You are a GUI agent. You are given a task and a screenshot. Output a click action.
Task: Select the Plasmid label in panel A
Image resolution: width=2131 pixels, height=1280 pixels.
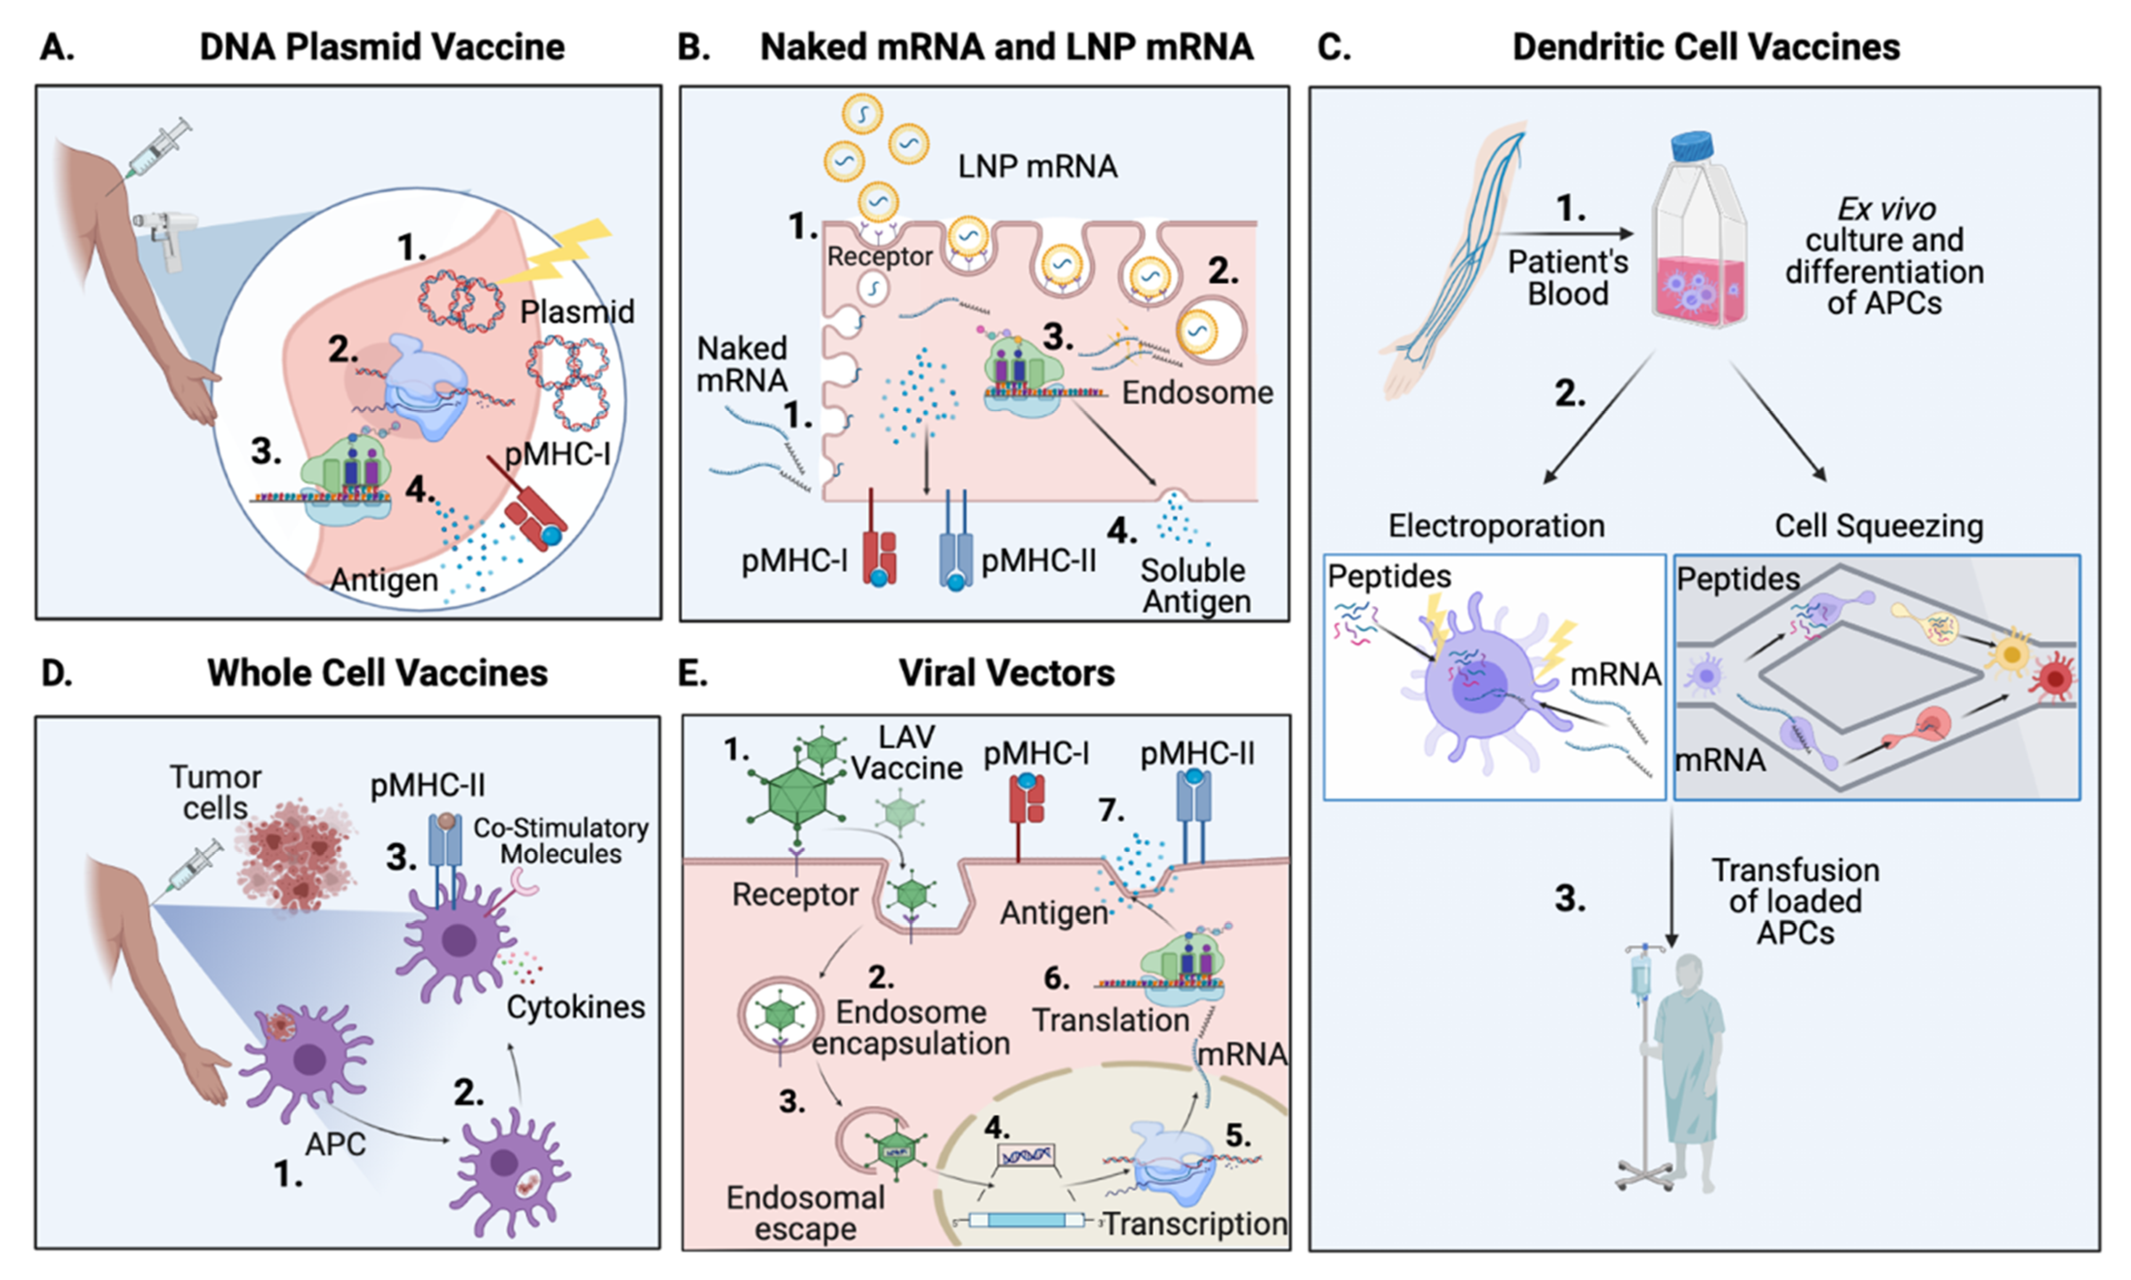click(x=576, y=311)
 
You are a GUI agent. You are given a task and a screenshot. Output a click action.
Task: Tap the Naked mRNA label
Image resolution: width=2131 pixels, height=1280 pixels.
click(x=741, y=364)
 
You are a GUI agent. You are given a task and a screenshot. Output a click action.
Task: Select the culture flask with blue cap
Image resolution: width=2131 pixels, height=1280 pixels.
click(x=1698, y=233)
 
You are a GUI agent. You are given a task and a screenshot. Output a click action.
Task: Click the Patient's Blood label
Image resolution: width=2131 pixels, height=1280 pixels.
click(x=1568, y=278)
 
